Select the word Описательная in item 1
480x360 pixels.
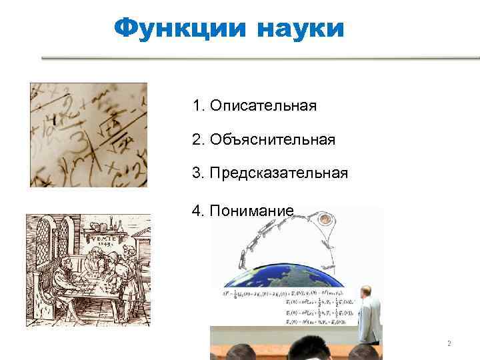pyautogui.click(x=263, y=105)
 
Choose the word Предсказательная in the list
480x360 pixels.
pyautogui.click(x=278, y=173)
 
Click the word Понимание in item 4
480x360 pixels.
pyautogui.click(x=251, y=211)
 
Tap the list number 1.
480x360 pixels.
pyautogui.click(x=196, y=105)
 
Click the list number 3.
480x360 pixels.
pyautogui.click(x=196, y=173)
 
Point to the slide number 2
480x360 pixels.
pyautogui.click(x=449, y=344)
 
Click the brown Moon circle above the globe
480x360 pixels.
pyautogui.click(x=327, y=219)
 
